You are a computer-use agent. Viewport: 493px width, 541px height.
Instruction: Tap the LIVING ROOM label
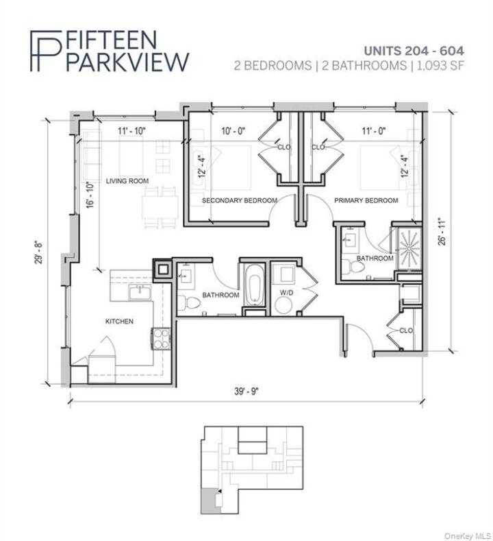coord(127,181)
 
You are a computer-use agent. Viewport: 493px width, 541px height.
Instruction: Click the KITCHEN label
coord(119,322)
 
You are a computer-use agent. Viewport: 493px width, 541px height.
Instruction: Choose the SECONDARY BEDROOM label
coord(239,200)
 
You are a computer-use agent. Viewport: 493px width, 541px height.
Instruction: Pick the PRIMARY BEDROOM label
coord(366,200)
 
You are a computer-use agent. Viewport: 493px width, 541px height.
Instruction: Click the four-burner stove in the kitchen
coord(160,338)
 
